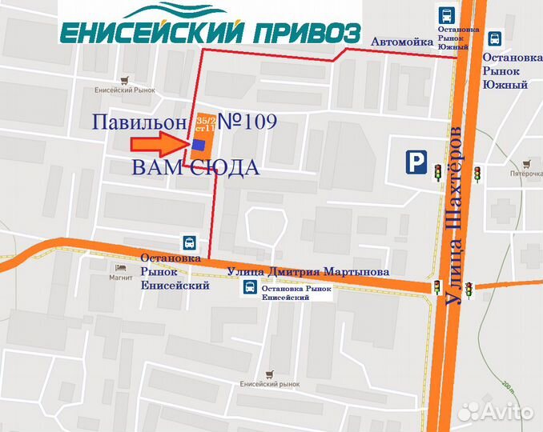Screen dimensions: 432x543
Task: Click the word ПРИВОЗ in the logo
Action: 308,33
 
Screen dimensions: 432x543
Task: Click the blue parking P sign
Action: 415,163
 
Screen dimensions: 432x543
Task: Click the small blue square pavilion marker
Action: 199,144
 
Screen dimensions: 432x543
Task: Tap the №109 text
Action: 247,122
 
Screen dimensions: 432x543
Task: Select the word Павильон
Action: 139,122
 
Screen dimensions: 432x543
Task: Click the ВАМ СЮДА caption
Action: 195,168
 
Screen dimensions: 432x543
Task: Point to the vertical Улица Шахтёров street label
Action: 454,216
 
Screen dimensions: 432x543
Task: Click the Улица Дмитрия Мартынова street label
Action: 308,271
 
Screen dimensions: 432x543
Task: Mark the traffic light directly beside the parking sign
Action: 438,170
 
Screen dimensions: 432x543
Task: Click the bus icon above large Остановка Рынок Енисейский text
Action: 189,242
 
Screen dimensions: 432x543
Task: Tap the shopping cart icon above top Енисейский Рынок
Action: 123,80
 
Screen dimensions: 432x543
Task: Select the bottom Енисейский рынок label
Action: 269,384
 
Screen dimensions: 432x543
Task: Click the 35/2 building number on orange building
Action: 205,120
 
